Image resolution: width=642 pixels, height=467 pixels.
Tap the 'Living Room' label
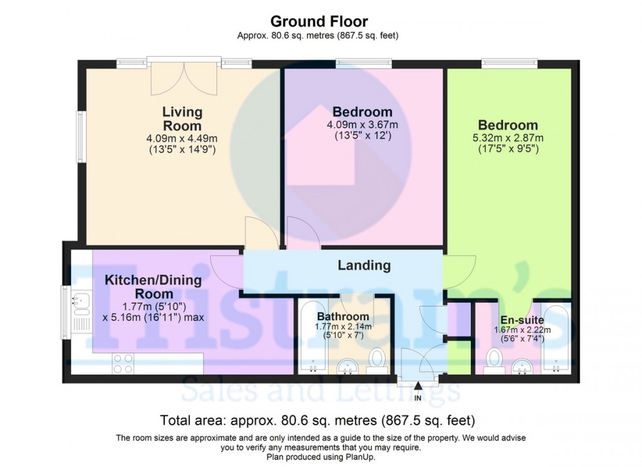pos(183,119)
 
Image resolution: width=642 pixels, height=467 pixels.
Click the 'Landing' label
pos(364,266)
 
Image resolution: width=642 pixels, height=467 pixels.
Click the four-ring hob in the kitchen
pos(123,363)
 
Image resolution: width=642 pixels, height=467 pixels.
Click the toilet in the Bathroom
pos(378,359)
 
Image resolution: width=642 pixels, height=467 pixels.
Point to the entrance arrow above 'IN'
pos(418,386)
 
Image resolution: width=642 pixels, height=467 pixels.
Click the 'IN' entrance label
pos(418,398)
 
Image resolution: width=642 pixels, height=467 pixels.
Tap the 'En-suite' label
pos(522,320)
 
